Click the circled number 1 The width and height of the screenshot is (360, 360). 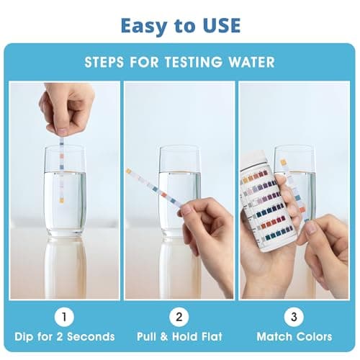point(64,317)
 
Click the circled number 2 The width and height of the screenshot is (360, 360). point(179,317)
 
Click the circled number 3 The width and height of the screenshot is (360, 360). point(294,317)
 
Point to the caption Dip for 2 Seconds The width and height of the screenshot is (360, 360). point(64,337)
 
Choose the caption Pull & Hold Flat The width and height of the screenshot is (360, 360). point(179,337)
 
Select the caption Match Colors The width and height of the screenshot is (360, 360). point(294,337)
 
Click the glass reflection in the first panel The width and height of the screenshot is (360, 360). point(64,266)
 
